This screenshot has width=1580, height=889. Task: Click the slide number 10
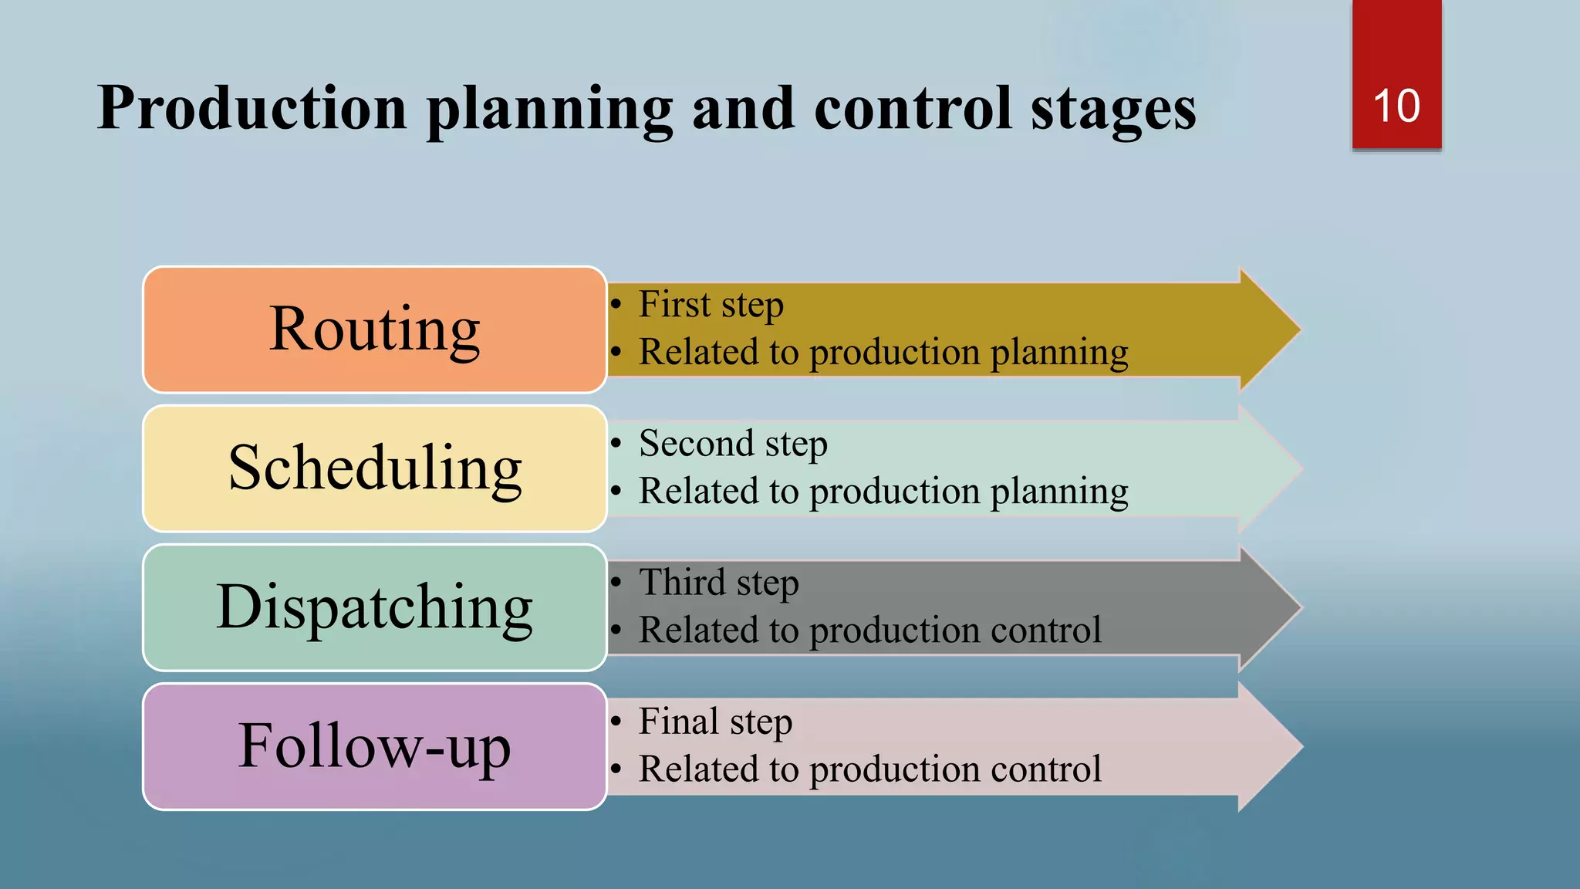point(1396,106)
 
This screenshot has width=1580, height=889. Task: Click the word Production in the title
point(252,108)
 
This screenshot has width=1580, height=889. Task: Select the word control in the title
point(912,108)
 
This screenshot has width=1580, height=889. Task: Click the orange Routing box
point(374,330)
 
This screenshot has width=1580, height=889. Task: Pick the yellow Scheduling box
point(374,468)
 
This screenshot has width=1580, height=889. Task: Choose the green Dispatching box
point(374,607)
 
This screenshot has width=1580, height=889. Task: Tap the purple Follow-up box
point(374,746)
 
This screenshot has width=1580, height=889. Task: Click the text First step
point(711,304)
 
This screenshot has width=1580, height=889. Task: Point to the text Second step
point(733,444)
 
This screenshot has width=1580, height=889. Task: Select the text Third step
point(718,583)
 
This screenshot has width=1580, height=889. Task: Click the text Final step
point(715,722)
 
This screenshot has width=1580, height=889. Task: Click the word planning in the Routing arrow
point(1058,353)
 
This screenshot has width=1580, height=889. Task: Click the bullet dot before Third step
point(616,583)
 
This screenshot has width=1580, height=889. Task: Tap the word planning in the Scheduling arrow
point(1058,492)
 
